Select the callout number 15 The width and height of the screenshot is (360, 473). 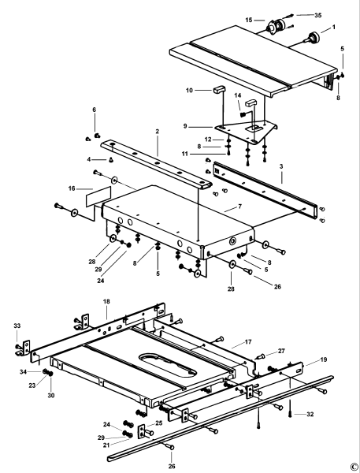coord(249,20)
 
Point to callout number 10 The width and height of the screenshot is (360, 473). coord(190,91)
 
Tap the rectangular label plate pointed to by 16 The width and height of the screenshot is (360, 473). coord(87,193)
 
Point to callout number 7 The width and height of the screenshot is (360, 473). coord(227,207)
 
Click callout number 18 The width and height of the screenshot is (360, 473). coord(106,301)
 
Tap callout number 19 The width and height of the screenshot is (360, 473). coord(325,359)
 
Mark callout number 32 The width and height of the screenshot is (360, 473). coord(309,414)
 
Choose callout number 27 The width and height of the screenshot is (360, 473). coord(283,350)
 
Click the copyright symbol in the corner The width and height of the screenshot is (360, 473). coord(353,466)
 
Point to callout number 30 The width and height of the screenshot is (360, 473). coord(52,395)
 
